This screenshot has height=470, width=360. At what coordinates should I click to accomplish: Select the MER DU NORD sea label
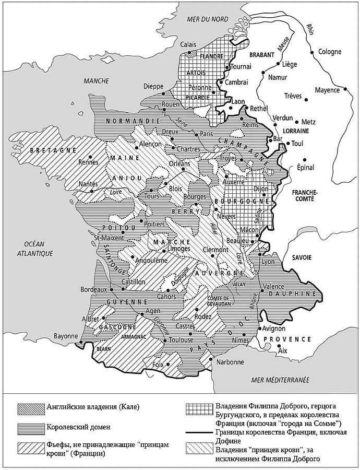pos(207,19)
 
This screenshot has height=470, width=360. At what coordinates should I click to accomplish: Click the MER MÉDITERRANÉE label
pos(280,379)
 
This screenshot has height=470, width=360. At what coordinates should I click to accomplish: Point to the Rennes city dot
pos(90,156)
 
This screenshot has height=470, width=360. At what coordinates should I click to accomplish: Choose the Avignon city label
pos(273,328)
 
